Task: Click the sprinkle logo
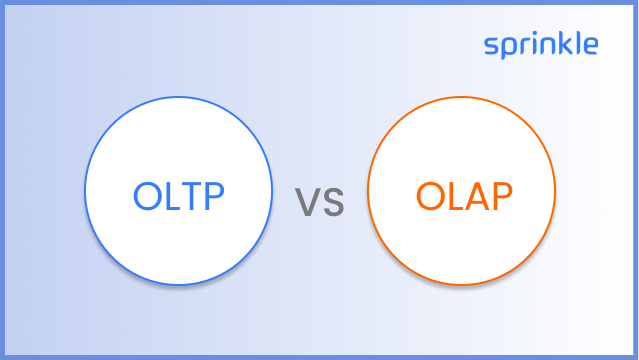(541, 45)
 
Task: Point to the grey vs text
(320, 203)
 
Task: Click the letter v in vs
(308, 204)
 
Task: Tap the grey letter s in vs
(333, 204)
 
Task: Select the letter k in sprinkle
(564, 44)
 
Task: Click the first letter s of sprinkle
(491, 46)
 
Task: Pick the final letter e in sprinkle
(590, 46)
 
